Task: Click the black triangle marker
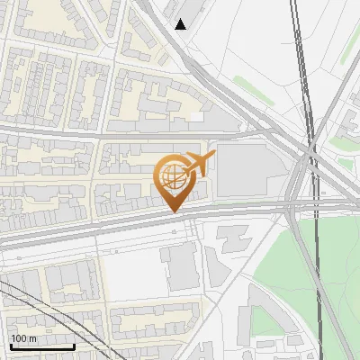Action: [181, 24]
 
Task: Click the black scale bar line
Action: [41, 347]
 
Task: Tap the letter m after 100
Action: [32, 338]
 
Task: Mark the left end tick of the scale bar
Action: [10, 346]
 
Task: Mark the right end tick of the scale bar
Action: [74, 346]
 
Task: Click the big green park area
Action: [306, 270]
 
